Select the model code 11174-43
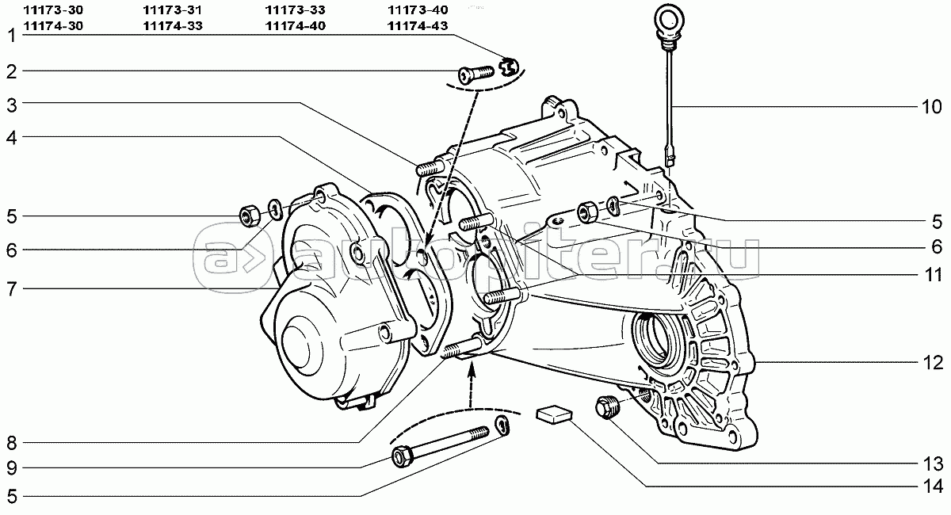tap(418, 26)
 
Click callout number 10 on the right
tap(930, 107)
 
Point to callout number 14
tap(930, 486)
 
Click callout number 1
tap(12, 36)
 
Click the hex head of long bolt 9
tap(401, 457)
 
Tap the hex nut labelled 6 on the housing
tap(587, 212)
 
